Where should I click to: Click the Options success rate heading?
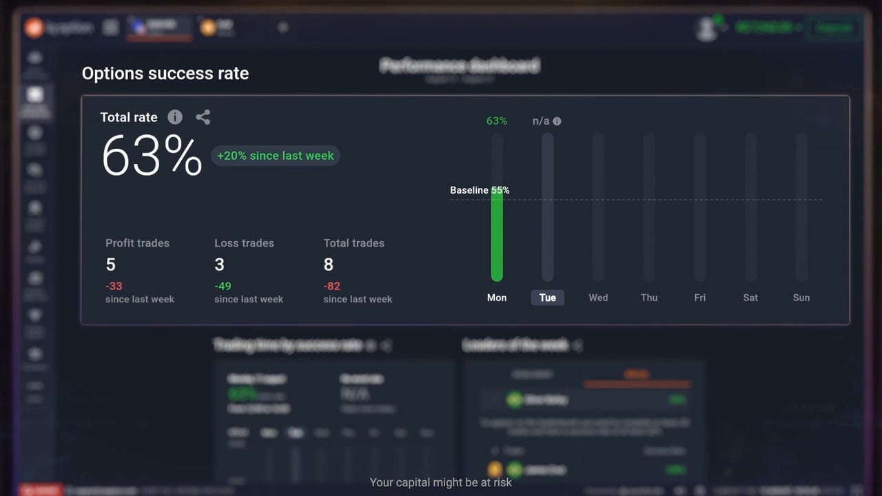point(165,74)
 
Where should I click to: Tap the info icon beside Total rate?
point(175,117)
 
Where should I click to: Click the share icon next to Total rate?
point(203,117)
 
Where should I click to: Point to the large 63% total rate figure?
point(152,156)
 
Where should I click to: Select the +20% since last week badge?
point(275,156)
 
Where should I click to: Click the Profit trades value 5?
point(110,265)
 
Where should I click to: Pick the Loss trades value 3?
point(219,265)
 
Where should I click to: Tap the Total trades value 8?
point(329,265)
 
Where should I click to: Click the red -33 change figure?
point(114,286)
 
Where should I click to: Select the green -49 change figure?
point(223,286)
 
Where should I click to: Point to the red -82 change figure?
point(331,286)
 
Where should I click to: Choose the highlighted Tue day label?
point(548,298)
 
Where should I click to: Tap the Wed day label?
point(598,298)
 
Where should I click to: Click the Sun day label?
point(801,298)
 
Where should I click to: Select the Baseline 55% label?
point(480,190)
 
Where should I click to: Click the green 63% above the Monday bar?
point(497,121)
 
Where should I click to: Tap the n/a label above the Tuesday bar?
point(542,121)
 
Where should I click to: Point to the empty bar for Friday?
point(700,207)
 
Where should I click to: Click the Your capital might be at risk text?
point(441,482)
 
